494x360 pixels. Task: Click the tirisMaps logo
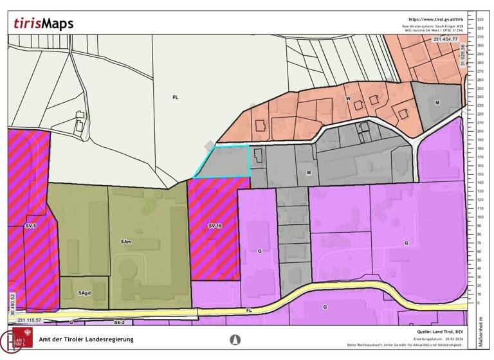pyautogui.click(x=44, y=24)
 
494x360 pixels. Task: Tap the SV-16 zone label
pyautogui.click(x=215, y=226)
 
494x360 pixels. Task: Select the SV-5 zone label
pyautogui.click(x=31, y=226)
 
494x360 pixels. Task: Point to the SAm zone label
pyautogui.click(x=126, y=242)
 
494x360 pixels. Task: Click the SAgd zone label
pyautogui.click(x=84, y=293)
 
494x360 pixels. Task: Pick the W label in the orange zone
pyautogui.click(x=347, y=99)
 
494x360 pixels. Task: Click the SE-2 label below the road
pyautogui.click(x=118, y=321)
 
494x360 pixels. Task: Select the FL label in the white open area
pyautogui.click(x=175, y=97)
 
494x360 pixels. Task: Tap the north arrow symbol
pyautogui.click(x=235, y=339)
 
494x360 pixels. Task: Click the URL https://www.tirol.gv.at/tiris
pyautogui.click(x=435, y=20)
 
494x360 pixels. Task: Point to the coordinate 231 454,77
pyautogui.click(x=446, y=40)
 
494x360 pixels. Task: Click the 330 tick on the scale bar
pyautogui.click(x=480, y=20)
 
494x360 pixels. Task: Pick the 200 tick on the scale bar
pyautogui.click(x=480, y=131)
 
